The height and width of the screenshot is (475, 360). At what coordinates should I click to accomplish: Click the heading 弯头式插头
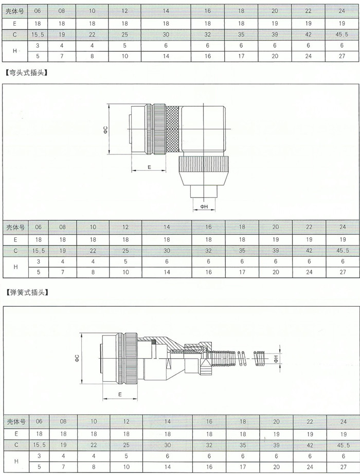[27, 73]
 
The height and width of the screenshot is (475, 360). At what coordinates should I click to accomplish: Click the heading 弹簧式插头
[27, 293]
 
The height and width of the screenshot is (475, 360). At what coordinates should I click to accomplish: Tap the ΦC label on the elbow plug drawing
[105, 130]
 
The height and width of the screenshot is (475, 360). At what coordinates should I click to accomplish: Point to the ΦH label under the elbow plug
[204, 206]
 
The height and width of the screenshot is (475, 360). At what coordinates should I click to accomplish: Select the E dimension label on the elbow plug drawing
[149, 167]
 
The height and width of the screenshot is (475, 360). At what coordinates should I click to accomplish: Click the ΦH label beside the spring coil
[276, 359]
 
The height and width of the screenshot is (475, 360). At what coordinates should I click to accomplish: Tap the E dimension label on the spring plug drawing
[120, 394]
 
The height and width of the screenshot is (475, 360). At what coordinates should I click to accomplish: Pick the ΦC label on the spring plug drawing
[77, 358]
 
